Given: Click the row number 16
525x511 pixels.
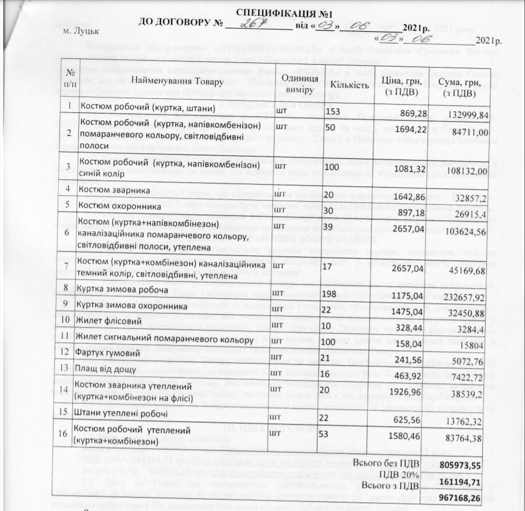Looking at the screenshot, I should click(x=70, y=434).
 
